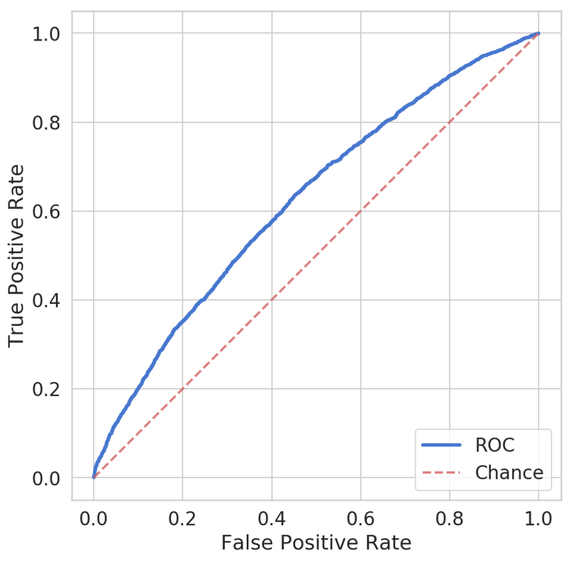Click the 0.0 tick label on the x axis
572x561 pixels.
point(93,518)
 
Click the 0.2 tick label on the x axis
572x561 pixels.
point(182,518)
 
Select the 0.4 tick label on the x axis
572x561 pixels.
point(271,518)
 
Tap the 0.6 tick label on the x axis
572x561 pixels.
point(360,518)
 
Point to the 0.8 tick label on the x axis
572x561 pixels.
point(450,518)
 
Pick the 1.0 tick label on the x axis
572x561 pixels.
point(539,518)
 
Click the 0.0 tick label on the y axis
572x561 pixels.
point(50,478)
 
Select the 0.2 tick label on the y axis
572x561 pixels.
point(50,389)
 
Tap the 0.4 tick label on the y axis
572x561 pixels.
point(50,300)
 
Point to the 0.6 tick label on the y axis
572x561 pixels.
point(50,211)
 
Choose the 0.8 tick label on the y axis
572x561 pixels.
point(50,122)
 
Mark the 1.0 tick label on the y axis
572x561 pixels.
point(50,33)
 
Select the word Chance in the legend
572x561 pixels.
point(509,473)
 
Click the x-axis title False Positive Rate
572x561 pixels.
point(316,543)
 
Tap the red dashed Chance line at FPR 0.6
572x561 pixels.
point(360,211)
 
